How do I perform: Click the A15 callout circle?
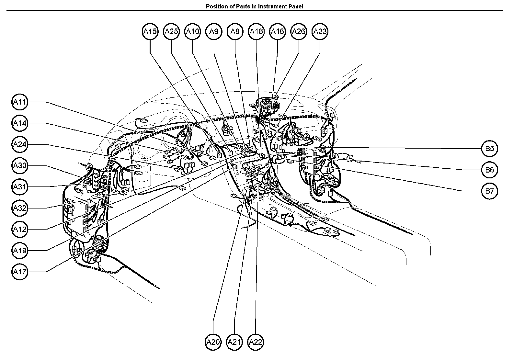coord(150,31)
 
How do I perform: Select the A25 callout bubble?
coord(171,31)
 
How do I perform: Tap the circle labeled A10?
coord(193,31)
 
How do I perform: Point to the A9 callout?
coord(214,31)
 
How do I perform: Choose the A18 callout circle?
coord(256,31)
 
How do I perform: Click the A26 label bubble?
coord(299,31)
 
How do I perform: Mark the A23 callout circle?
coord(320,31)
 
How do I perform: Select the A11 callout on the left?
coord(20,102)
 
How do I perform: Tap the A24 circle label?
coord(20,145)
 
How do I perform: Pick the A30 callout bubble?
coord(20,166)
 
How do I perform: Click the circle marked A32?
coord(20,208)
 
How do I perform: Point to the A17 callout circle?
coord(20,272)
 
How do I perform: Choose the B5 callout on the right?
coord(489,149)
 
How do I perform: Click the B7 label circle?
coord(489,191)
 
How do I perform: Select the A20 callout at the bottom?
coord(213,342)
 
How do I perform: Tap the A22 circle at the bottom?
coord(256,342)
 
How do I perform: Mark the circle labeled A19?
coord(20,251)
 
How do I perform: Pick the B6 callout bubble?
coord(489,170)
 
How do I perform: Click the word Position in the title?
coord(216,6)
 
